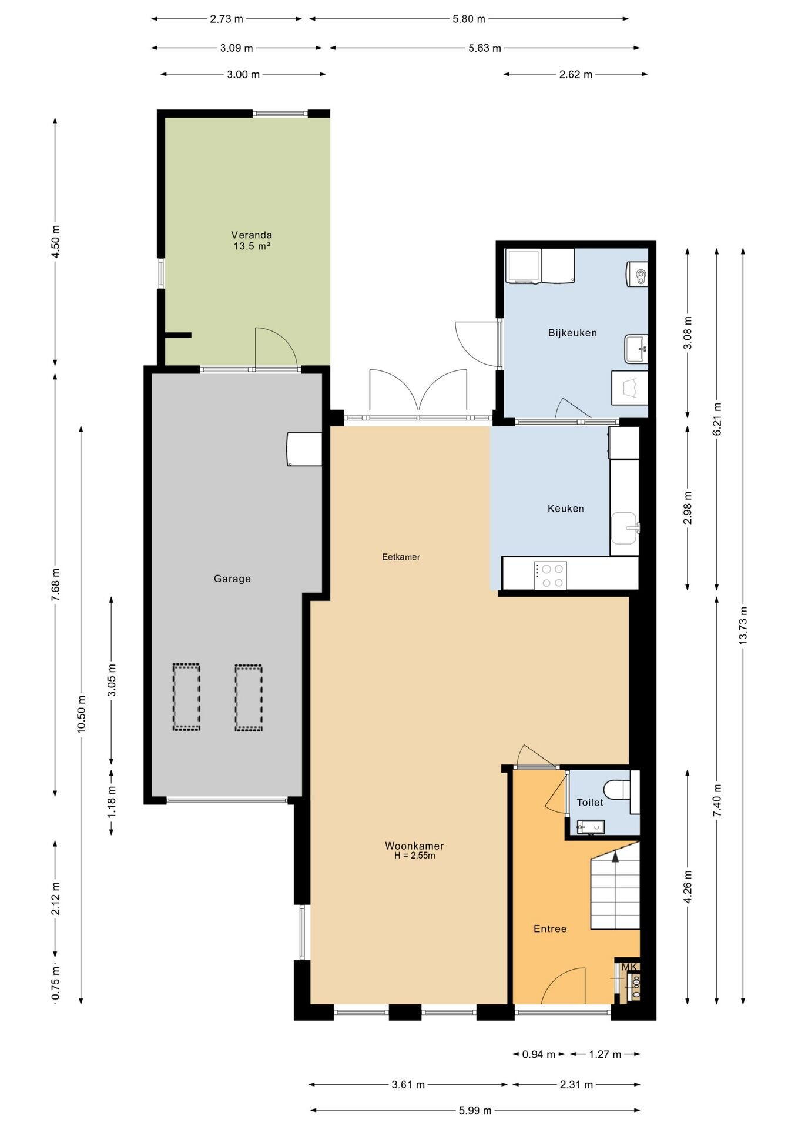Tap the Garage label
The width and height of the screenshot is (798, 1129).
[232, 579]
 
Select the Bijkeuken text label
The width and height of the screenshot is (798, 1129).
[572, 333]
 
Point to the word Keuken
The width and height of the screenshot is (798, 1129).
[566, 509]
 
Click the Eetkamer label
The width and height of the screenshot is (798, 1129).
[401, 557]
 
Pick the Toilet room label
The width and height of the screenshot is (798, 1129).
[590, 802]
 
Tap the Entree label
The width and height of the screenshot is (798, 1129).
[550, 928]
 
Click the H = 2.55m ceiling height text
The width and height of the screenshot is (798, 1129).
[415, 856]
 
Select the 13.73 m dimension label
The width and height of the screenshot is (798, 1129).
[743, 626]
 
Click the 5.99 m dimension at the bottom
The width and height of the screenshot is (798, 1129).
[475, 1110]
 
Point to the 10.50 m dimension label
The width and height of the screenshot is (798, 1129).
[81, 713]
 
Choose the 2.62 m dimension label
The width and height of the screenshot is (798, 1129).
[576, 74]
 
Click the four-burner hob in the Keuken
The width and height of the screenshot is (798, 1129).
[551, 575]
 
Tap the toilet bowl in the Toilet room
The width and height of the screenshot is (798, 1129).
[616, 789]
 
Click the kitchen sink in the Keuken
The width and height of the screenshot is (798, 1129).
[625, 528]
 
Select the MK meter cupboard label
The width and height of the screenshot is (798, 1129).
[629, 967]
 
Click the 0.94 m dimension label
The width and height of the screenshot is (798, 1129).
[539, 1054]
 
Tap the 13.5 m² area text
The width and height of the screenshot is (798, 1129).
[252, 246]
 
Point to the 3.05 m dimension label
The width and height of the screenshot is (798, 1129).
[112, 680]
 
